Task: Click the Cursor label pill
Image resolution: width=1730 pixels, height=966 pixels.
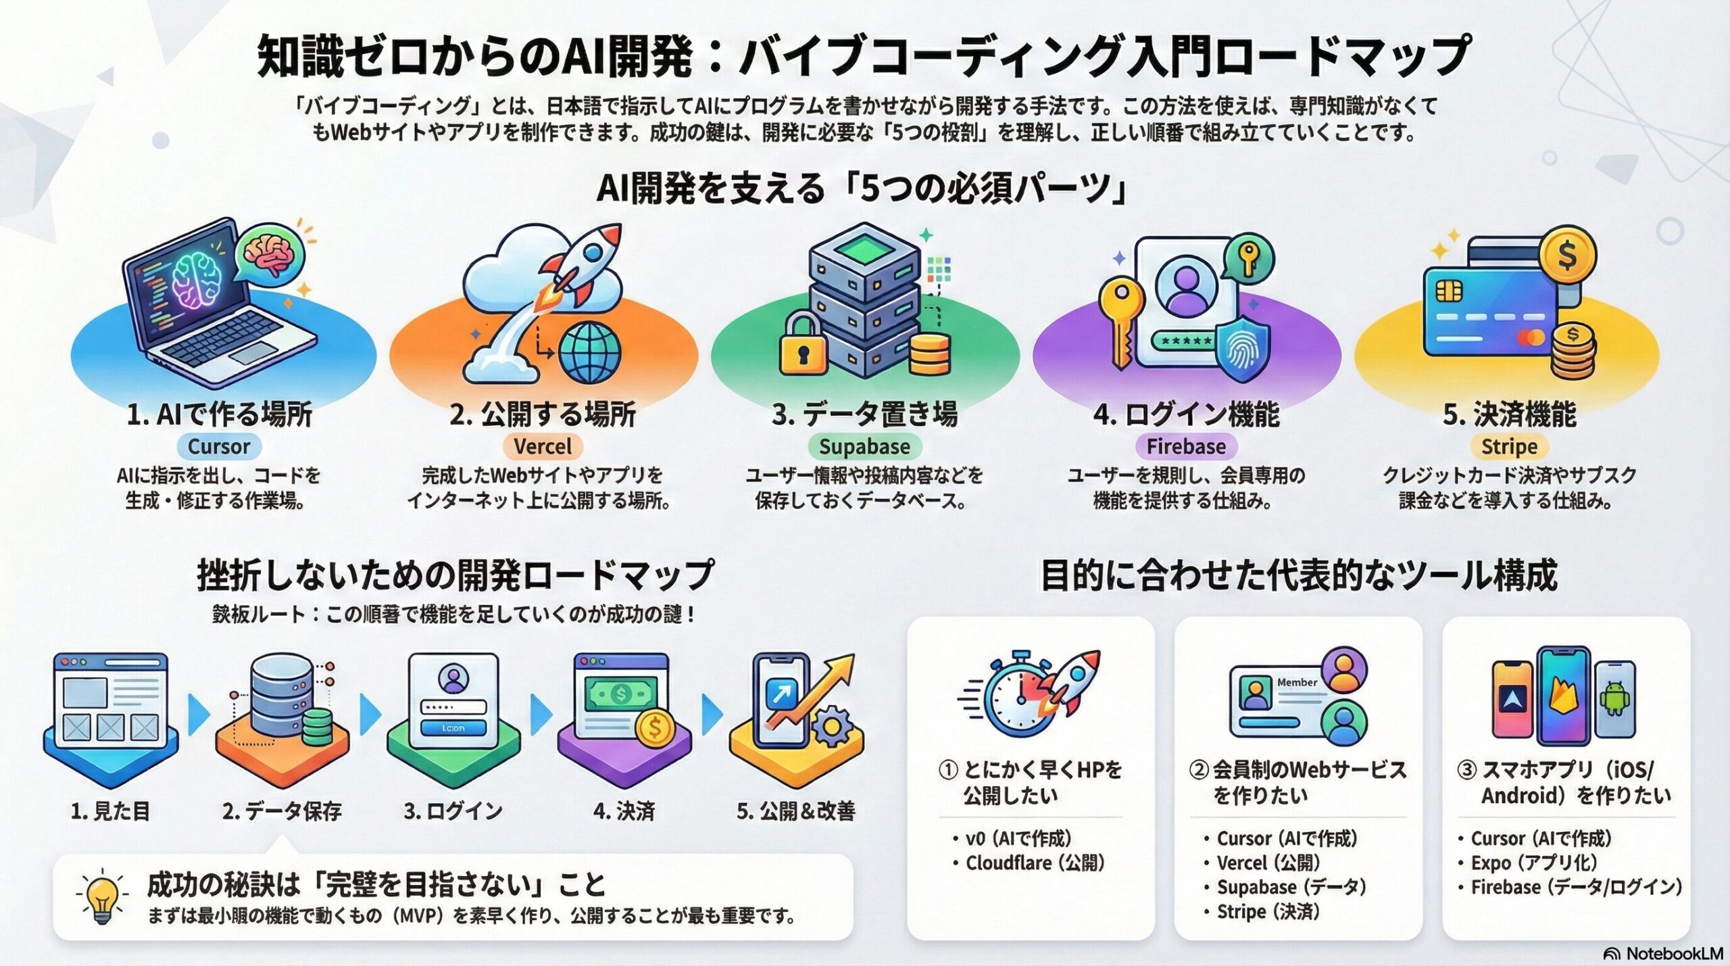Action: click(x=219, y=447)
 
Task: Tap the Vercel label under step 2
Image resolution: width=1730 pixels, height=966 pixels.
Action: click(x=543, y=447)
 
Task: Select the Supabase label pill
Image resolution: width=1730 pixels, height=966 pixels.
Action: click(x=864, y=447)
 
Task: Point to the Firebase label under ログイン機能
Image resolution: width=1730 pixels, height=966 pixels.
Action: click(x=1186, y=447)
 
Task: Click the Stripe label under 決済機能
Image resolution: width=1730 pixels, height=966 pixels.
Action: click(x=1509, y=447)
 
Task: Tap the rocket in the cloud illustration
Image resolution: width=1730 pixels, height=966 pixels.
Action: click(x=581, y=264)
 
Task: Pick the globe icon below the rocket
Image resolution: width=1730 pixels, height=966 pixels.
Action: click(x=589, y=352)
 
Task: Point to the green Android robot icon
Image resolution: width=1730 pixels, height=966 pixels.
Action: click(x=1615, y=699)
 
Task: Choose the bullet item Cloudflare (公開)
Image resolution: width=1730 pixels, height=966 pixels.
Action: click(x=1035, y=863)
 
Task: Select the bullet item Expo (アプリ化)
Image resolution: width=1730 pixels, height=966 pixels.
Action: click(x=1533, y=863)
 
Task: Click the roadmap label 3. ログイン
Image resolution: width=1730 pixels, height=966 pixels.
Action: click(x=453, y=811)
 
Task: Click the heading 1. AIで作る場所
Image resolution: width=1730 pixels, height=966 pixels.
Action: click(x=219, y=414)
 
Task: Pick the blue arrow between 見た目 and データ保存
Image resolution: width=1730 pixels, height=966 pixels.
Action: click(x=197, y=715)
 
